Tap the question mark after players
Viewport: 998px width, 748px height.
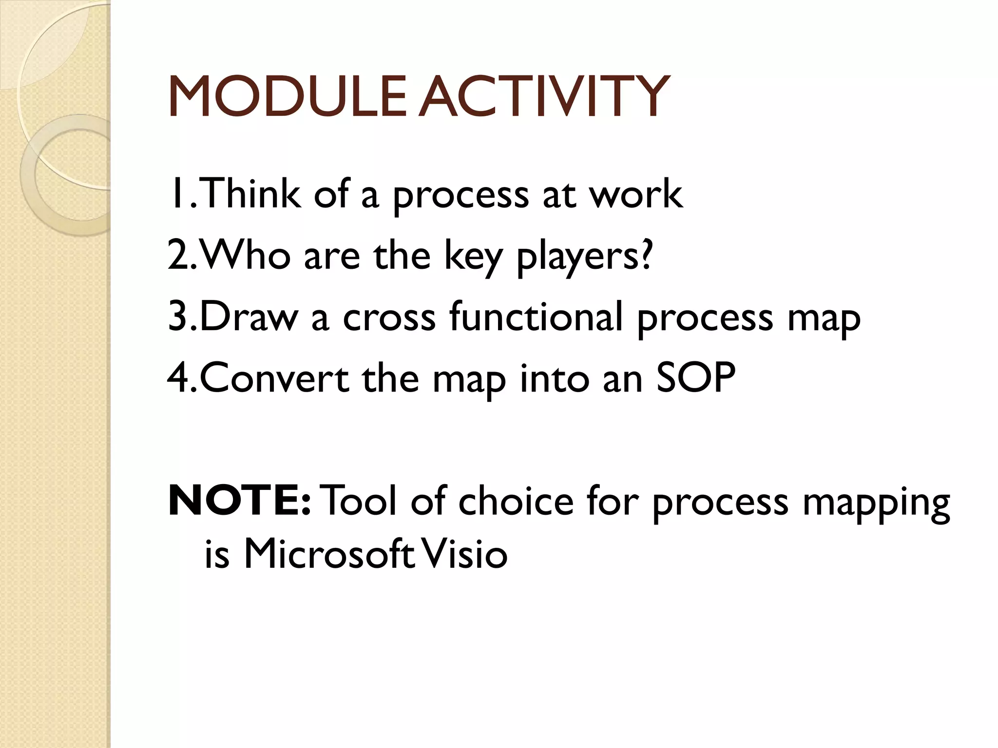645,255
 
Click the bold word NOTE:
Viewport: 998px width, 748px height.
239,502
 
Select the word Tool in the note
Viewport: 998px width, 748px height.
361,502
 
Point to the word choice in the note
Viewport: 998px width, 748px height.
516,502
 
